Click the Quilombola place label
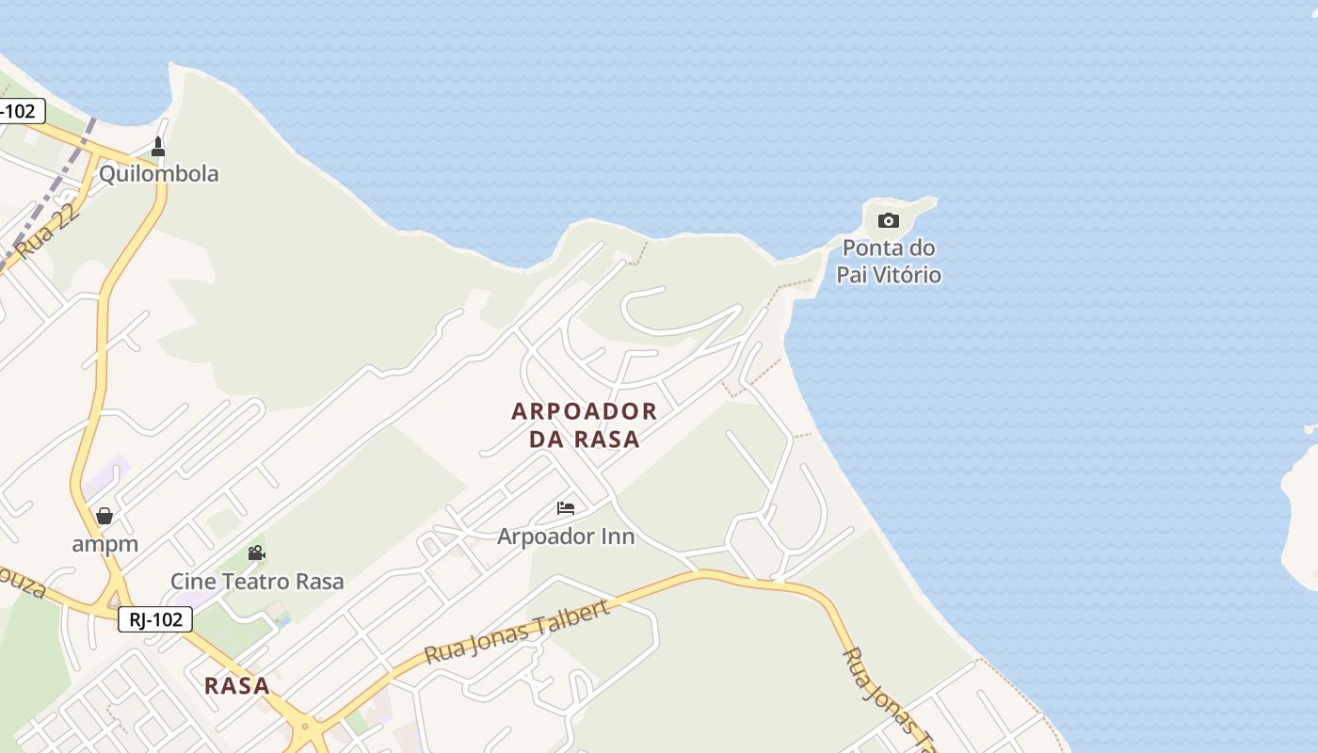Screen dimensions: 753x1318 point(158,173)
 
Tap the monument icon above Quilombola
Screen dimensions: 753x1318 point(158,147)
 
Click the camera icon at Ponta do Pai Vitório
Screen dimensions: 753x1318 point(888,221)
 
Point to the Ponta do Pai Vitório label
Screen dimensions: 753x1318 point(889,262)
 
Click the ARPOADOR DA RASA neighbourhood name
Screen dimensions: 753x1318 point(584,425)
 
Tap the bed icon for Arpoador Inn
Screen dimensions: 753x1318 point(566,508)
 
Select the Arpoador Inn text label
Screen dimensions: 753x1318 point(566,537)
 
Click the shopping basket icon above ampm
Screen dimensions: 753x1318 point(104,516)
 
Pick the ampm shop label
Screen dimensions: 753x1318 point(104,544)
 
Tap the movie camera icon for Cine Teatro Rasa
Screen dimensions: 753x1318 point(256,553)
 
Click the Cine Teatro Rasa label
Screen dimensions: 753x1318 point(257,581)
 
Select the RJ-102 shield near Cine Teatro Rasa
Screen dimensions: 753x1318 point(155,619)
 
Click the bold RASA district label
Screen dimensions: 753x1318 point(237,685)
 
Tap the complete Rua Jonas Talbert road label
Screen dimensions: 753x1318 point(517,631)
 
